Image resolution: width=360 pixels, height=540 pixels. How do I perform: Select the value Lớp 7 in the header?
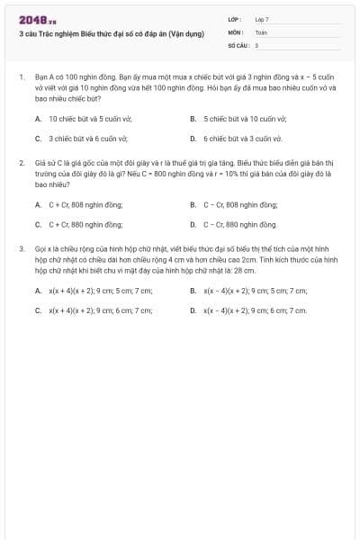point(262,19)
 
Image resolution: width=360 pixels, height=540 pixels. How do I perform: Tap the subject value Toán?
point(261,31)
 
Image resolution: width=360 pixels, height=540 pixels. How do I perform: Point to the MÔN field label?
point(236,31)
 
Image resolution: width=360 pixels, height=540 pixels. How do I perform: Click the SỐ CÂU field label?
point(238,44)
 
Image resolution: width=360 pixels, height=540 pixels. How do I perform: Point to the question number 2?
point(21,163)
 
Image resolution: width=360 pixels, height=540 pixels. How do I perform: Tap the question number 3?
point(21,247)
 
